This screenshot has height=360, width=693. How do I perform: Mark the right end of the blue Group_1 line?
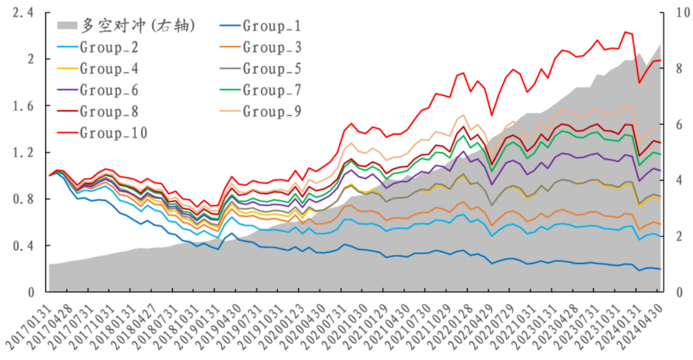pyautogui.click(x=660, y=269)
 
